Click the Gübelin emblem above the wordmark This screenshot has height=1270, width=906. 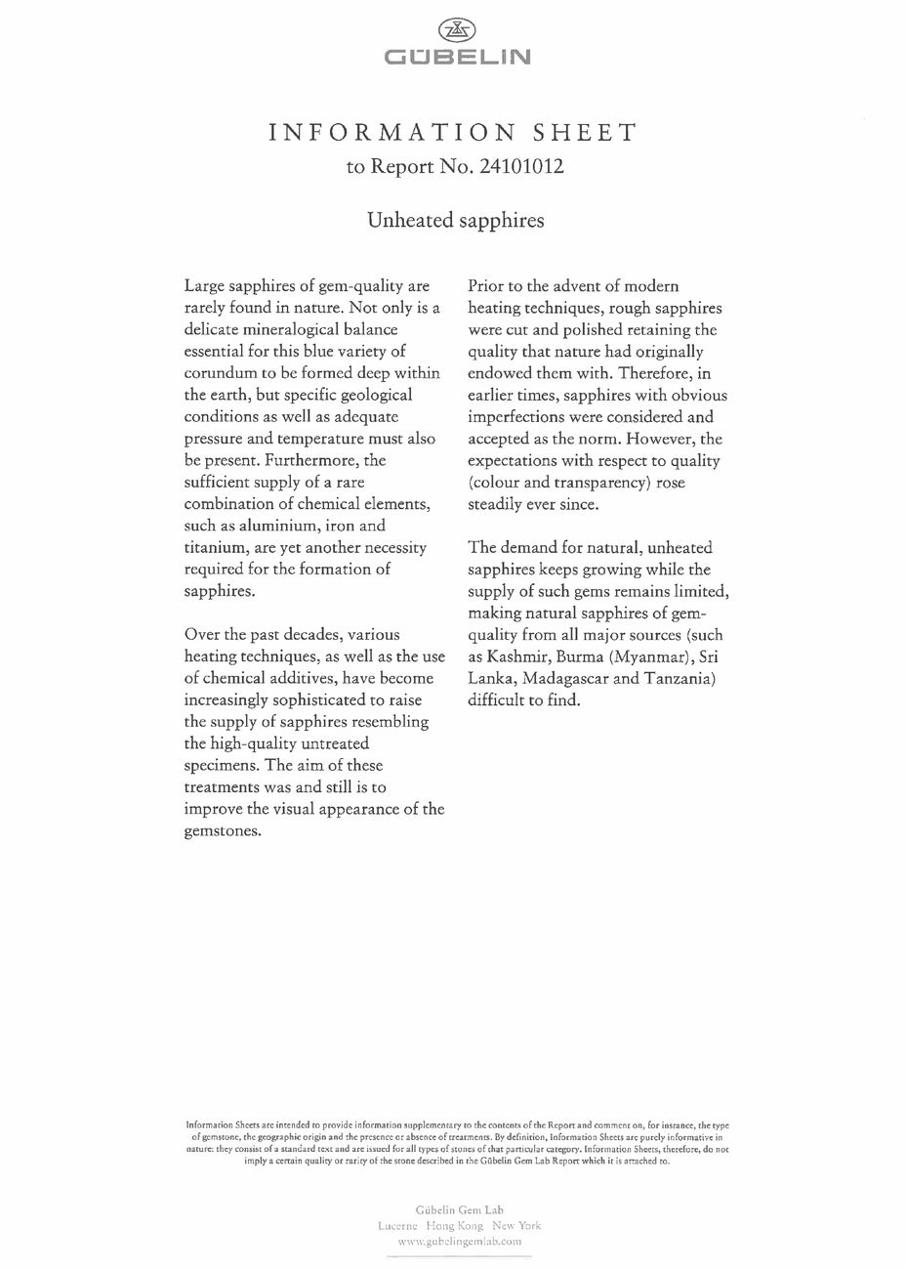click(452, 30)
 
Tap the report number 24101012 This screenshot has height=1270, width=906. click(521, 166)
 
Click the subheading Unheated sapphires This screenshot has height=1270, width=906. click(455, 220)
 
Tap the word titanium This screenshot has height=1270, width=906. click(214, 547)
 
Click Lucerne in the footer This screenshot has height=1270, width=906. click(397, 1225)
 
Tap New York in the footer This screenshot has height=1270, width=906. click(516, 1225)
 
